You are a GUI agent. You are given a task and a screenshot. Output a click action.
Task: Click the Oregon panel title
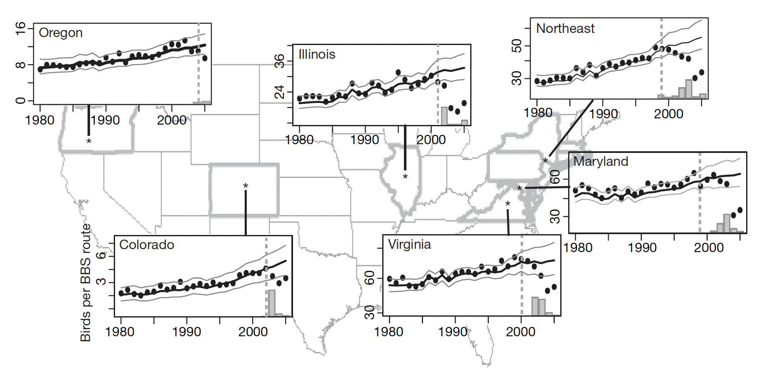click(60, 32)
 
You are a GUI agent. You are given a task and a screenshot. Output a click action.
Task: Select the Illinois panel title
click(317, 54)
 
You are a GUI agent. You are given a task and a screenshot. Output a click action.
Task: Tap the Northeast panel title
click(565, 28)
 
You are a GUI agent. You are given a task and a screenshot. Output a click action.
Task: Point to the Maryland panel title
click(601, 161)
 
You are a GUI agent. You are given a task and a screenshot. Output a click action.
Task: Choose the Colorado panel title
click(146, 245)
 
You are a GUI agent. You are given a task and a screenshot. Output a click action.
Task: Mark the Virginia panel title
click(409, 244)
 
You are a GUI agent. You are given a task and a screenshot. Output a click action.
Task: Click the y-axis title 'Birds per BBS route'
click(86, 282)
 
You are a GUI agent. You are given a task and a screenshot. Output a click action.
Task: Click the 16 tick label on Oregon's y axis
click(20, 29)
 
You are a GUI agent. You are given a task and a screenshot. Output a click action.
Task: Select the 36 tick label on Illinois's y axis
click(279, 61)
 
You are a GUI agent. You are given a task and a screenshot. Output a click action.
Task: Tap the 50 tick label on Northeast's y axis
click(516, 45)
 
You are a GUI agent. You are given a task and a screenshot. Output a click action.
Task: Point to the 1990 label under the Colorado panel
click(187, 332)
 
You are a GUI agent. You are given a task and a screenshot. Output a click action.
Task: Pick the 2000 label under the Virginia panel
click(521, 332)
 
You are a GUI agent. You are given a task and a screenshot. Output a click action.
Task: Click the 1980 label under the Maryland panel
click(578, 247)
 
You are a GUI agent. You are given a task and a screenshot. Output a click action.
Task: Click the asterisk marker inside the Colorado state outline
click(246, 186)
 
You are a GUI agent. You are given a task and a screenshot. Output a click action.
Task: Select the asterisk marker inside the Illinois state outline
click(405, 177)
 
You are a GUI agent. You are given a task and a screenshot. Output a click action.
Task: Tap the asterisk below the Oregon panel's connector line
click(89, 142)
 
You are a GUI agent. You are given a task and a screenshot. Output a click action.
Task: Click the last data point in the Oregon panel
click(205, 58)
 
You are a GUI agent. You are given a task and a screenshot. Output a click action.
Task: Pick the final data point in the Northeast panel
click(702, 72)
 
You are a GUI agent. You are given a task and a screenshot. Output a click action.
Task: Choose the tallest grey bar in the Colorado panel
click(272, 303)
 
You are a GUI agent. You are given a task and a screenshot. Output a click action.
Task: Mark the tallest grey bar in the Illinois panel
click(444, 116)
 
